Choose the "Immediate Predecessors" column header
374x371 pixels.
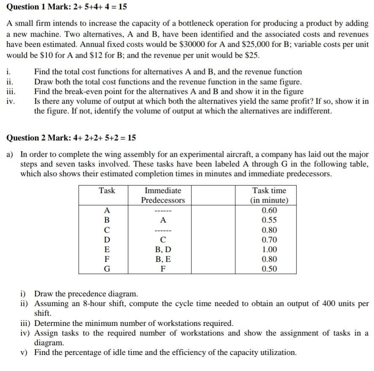pyautogui.click(x=163, y=195)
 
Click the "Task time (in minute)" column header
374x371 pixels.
pyautogui.click(x=269, y=195)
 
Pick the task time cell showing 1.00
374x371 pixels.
pyautogui.click(x=269, y=250)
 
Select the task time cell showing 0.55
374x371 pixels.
pyautogui.click(x=269, y=220)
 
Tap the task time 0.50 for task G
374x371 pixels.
pyautogui.click(x=269, y=269)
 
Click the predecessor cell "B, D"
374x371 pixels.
pyautogui.click(x=163, y=250)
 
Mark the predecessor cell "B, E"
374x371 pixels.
pyautogui.click(x=163, y=259)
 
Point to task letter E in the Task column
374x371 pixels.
pyautogui.click(x=107, y=250)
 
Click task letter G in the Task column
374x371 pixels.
pyautogui.click(x=107, y=269)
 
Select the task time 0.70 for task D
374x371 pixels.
pyautogui.click(x=269, y=240)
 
